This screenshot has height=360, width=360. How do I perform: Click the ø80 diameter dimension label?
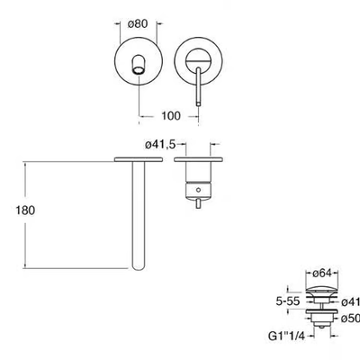[138, 23]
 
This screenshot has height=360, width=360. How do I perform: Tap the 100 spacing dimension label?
[171, 115]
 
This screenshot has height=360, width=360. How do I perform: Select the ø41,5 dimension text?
[160, 145]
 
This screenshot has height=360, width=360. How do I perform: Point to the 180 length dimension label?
[25, 211]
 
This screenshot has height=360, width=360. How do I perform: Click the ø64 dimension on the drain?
[322, 274]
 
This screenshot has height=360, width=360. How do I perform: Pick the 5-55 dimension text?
[288, 301]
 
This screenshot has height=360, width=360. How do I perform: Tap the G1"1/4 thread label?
[286, 337]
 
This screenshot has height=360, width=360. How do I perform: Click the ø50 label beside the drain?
[350, 319]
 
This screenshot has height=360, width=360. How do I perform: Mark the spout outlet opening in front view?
[139, 70]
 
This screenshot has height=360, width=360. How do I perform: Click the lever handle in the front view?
[198, 87]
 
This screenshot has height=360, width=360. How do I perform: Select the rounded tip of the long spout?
[139, 267]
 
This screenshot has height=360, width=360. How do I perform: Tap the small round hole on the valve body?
[198, 190]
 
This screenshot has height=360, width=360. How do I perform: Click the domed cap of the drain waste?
[321, 290]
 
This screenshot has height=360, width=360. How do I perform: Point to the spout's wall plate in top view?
[139, 159]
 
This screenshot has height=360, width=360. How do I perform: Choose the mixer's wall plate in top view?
[198, 159]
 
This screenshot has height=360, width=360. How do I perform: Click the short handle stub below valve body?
[198, 203]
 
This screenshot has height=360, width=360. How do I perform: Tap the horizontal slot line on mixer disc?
[198, 61]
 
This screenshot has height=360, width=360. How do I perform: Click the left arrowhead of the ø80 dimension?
[117, 23]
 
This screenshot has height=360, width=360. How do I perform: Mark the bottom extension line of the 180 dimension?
[77, 268]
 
